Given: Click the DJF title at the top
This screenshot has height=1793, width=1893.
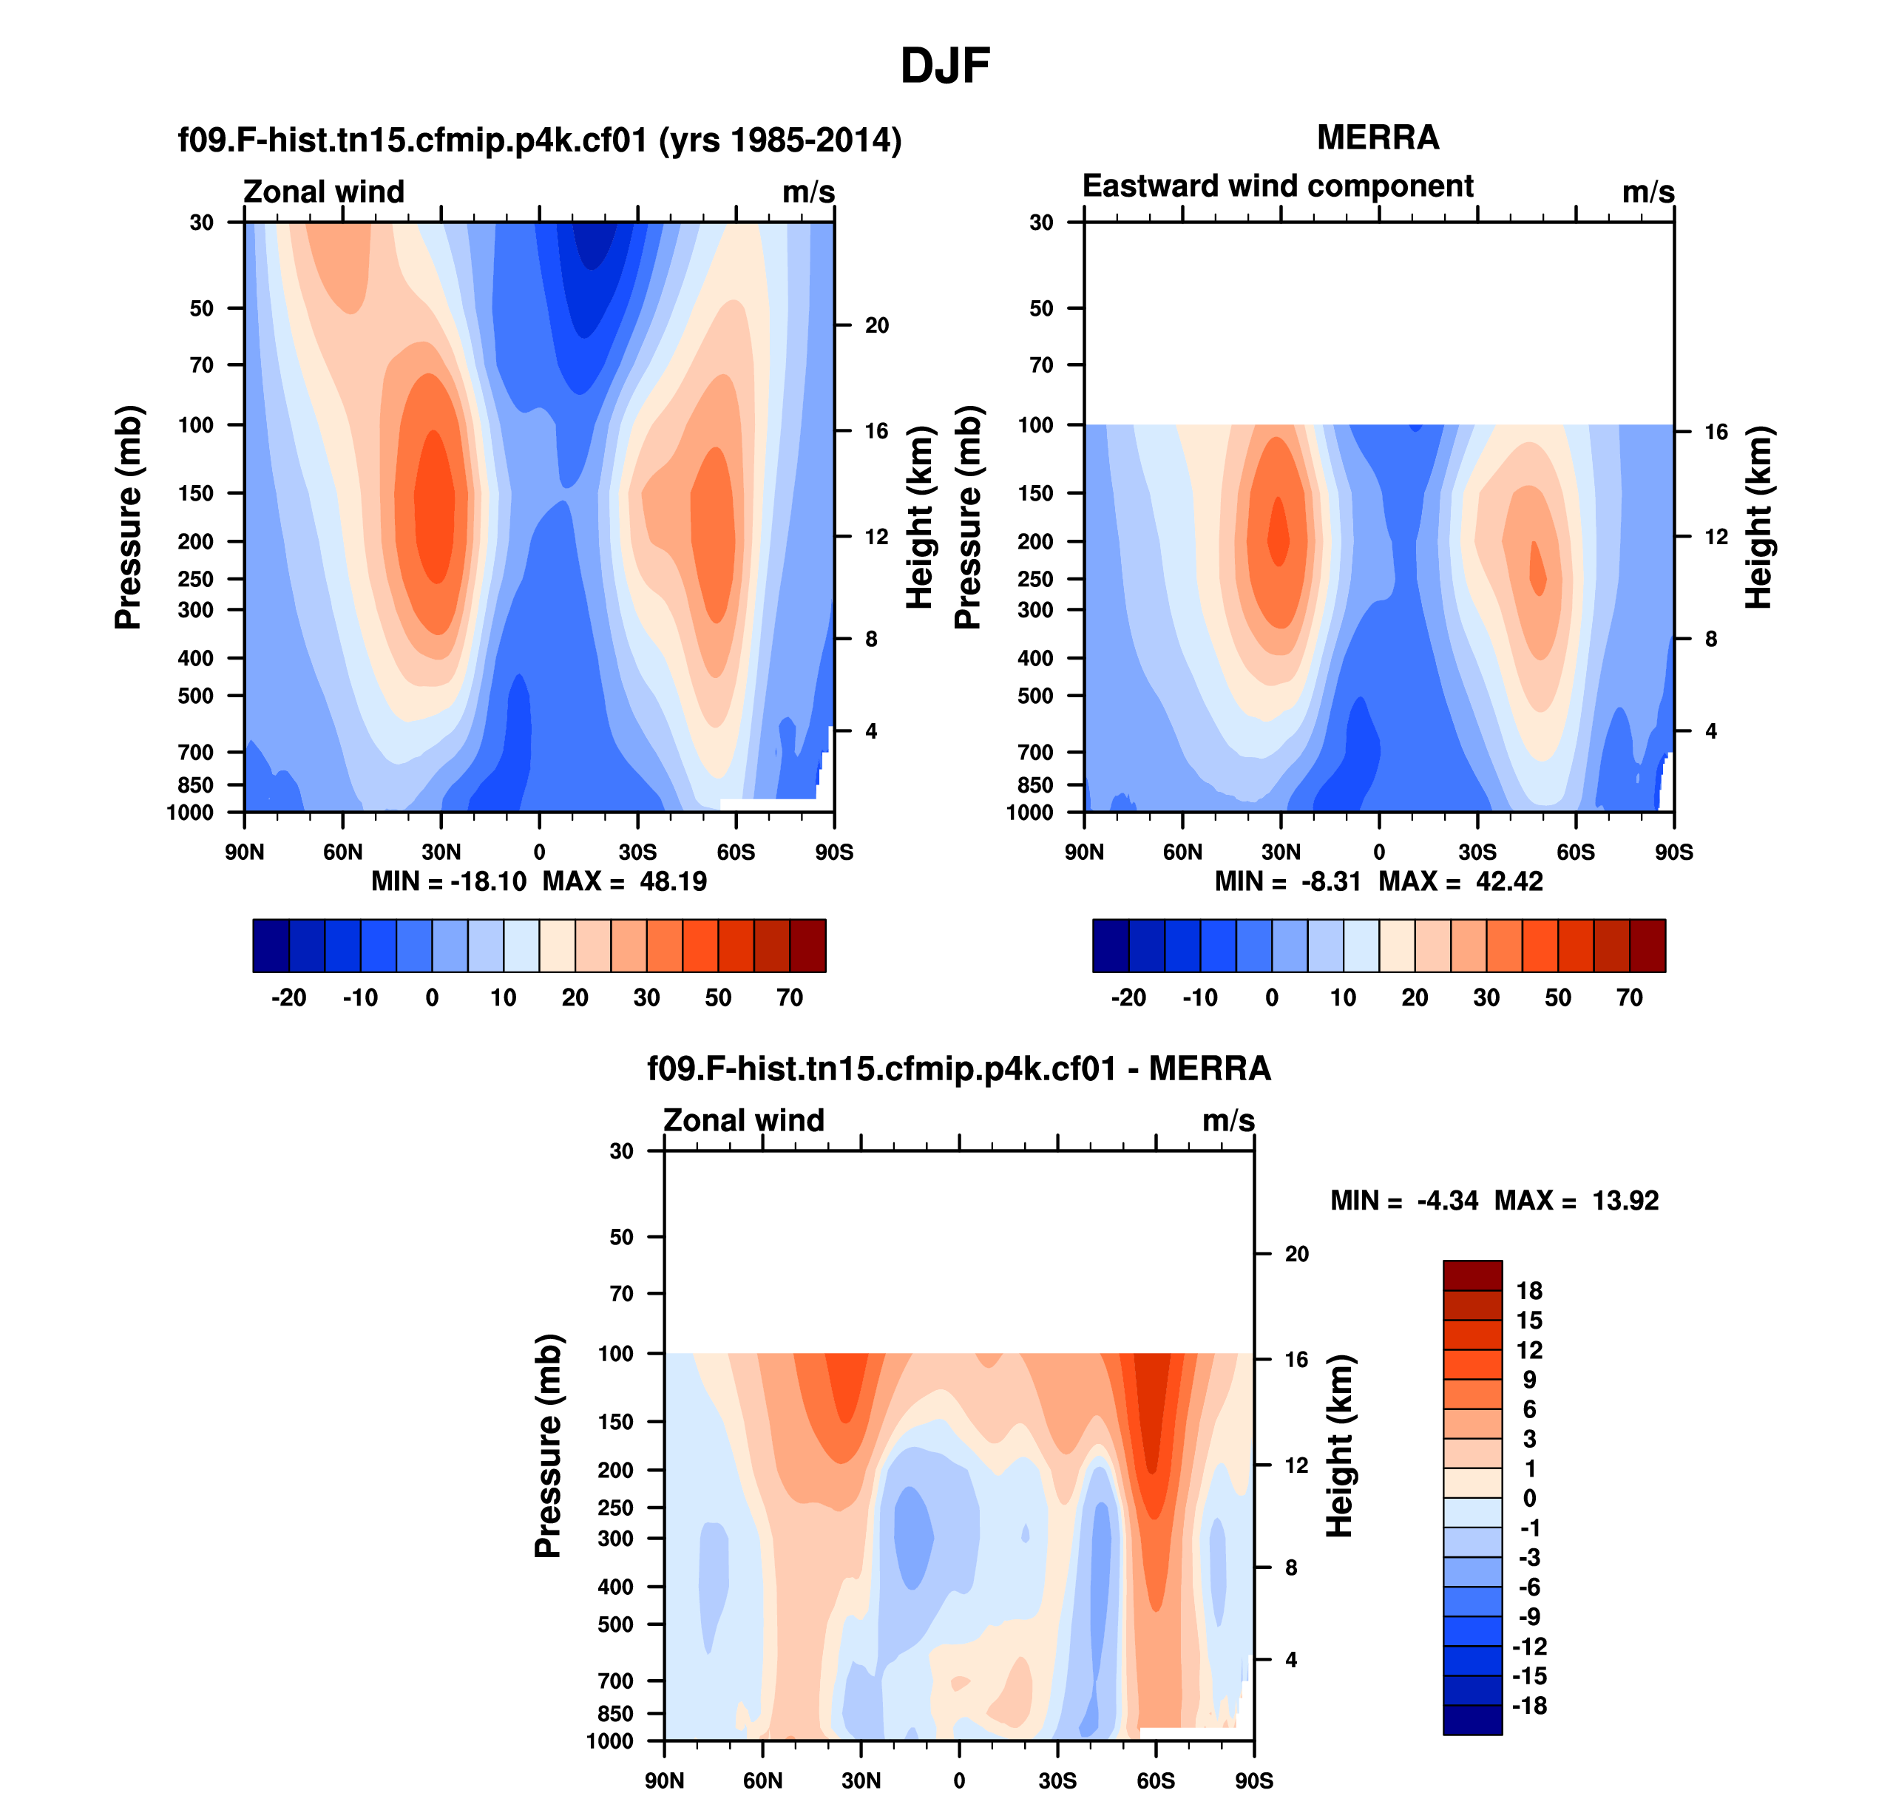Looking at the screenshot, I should tap(944, 66).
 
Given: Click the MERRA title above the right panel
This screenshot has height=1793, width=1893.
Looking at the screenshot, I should tap(1378, 138).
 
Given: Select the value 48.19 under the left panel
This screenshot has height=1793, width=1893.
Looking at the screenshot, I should tap(673, 881).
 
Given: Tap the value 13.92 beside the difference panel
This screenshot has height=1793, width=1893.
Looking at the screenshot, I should tap(1625, 1201).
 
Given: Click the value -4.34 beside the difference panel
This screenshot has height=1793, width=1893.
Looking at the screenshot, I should tap(1447, 1201).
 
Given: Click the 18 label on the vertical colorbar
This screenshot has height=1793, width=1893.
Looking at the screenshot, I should tap(1528, 1290).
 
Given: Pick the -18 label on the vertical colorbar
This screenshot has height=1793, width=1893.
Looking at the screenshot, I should tap(1528, 1705).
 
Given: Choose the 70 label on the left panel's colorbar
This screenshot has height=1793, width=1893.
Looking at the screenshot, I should tap(790, 998).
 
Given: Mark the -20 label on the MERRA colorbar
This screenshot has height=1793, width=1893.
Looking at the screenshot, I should tap(1128, 998).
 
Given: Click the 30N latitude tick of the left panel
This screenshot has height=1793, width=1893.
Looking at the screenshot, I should tap(441, 852).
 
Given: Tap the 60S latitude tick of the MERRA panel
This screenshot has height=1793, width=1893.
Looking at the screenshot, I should tap(1576, 852).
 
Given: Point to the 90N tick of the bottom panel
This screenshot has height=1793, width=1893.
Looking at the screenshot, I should tap(665, 1780).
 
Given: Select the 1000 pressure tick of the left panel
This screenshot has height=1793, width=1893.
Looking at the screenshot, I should tap(190, 813).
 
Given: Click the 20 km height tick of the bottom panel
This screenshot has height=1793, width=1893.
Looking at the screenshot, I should tap(1296, 1254).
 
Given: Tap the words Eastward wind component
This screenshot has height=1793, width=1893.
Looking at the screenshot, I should tap(1277, 186).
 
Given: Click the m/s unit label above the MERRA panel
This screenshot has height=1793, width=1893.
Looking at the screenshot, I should tap(1648, 192).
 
